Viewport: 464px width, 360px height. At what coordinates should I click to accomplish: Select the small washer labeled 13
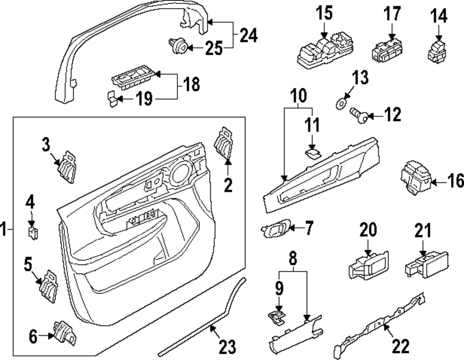340,102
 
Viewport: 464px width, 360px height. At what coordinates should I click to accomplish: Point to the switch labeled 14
437,50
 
